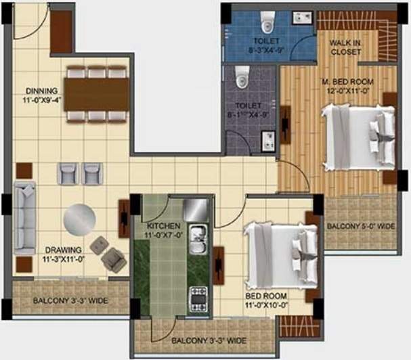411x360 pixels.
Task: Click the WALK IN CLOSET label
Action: click(x=345, y=47)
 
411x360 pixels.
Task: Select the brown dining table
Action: click(x=98, y=93)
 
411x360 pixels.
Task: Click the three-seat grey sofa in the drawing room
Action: click(x=25, y=216)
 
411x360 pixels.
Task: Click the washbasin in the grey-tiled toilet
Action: click(x=268, y=141)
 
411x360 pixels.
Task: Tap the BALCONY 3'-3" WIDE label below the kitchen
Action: click(x=208, y=340)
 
